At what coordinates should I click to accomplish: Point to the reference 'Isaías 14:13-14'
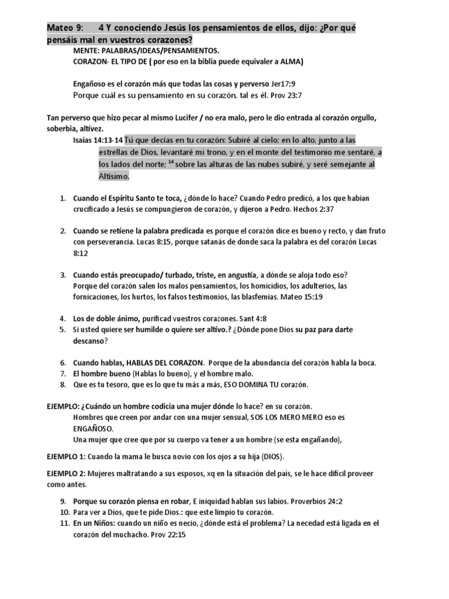[98, 140]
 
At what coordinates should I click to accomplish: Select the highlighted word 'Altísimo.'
[113, 176]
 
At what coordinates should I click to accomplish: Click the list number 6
[63, 363]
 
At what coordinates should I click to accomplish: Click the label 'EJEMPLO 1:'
[66, 456]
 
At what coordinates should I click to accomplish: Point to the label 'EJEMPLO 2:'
[66, 474]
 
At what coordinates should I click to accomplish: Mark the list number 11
[63, 524]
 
